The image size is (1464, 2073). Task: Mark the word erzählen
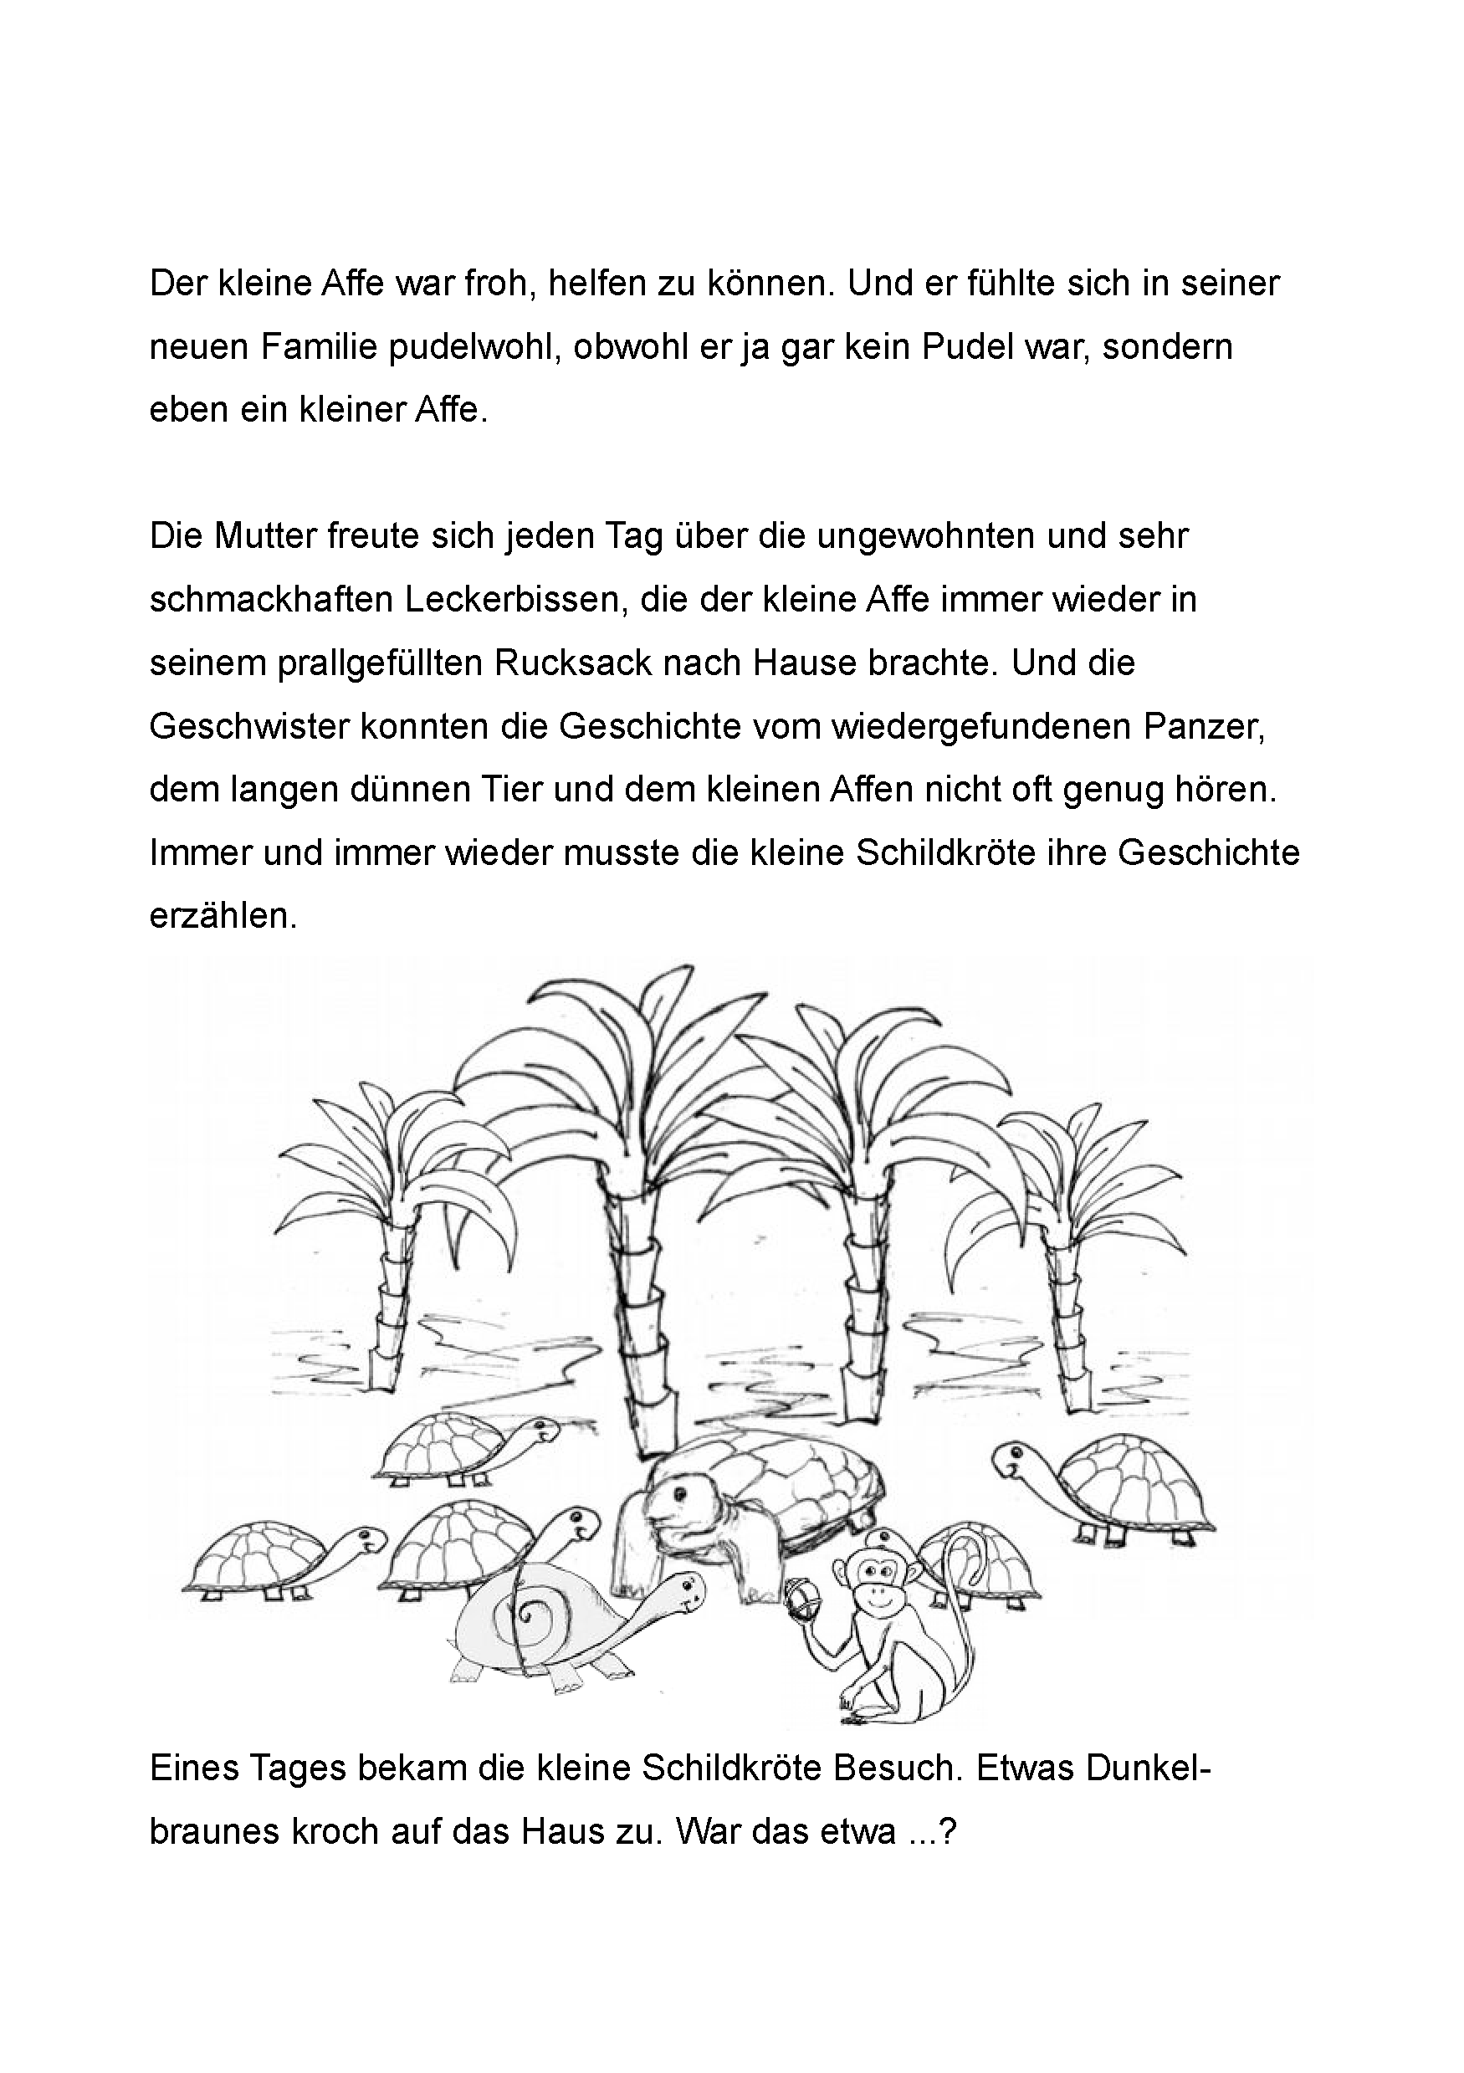click(x=223, y=916)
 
